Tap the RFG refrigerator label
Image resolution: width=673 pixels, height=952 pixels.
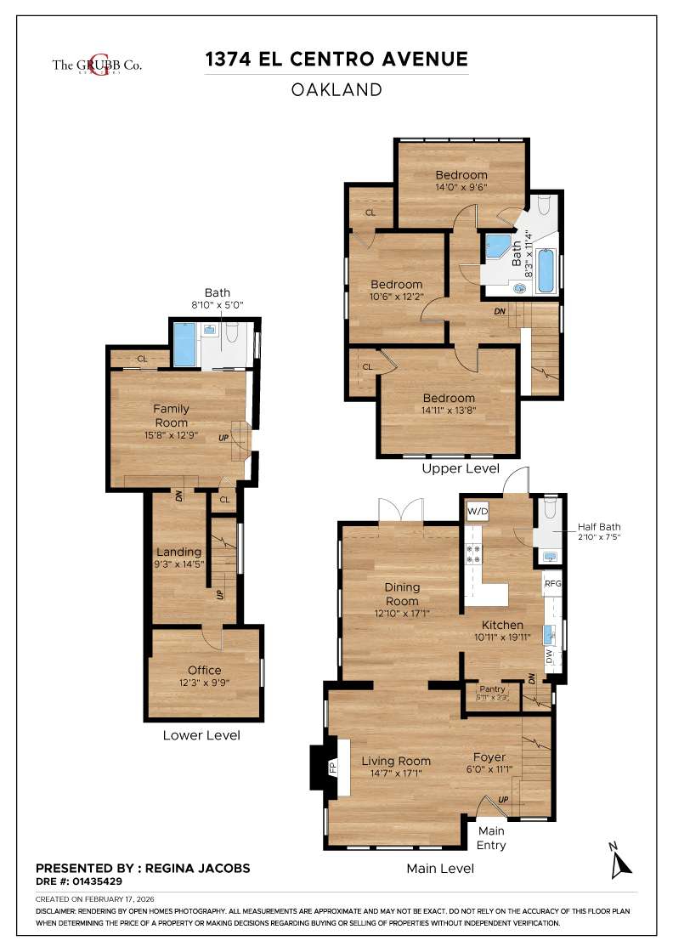click(553, 584)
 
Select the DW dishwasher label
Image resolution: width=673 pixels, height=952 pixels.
click(550, 656)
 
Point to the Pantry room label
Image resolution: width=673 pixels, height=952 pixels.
click(492, 689)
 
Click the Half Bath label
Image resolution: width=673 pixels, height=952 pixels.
click(599, 526)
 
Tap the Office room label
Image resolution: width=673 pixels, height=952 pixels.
click(204, 670)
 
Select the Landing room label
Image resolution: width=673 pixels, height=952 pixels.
click(178, 552)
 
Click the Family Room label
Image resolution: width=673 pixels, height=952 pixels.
click(171, 416)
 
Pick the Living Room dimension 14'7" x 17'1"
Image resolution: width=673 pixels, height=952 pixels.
click(396, 773)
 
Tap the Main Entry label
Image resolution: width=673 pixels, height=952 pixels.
click(491, 837)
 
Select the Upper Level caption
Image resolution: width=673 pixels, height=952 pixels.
click(461, 469)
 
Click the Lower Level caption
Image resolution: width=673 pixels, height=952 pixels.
click(201, 735)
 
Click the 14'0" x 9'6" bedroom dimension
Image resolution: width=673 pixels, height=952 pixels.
click(461, 187)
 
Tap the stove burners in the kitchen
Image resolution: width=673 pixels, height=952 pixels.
click(472, 553)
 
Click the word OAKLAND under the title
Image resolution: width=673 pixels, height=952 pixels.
click(336, 90)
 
